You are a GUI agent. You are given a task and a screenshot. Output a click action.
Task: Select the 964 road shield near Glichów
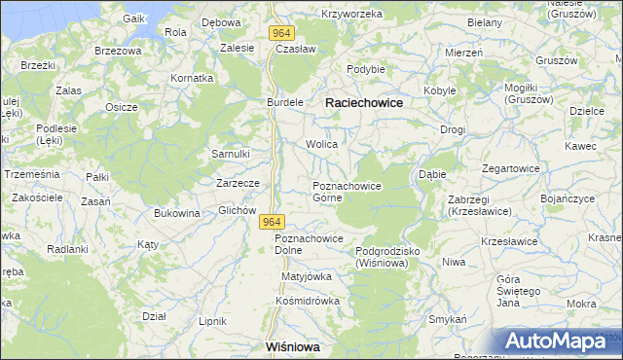click(x=273, y=223)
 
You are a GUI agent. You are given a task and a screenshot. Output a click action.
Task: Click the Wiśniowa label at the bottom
click(x=293, y=346)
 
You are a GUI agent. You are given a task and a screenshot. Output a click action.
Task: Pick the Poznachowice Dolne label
click(x=309, y=244)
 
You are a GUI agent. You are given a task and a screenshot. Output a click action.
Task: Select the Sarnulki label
click(x=232, y=154)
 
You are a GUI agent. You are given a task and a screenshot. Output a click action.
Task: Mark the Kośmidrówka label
click(x=307, y=301)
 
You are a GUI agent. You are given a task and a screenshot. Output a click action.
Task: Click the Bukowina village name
click(x=177, y=213)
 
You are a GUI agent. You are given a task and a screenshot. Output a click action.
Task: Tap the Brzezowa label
click(x=118, y=50)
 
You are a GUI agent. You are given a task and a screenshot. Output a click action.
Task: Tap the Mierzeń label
click(x=464, y=53)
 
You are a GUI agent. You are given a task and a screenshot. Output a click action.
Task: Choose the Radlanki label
click(x=68, y=249)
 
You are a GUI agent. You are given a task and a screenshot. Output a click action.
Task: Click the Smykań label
click(x=450, y=319)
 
